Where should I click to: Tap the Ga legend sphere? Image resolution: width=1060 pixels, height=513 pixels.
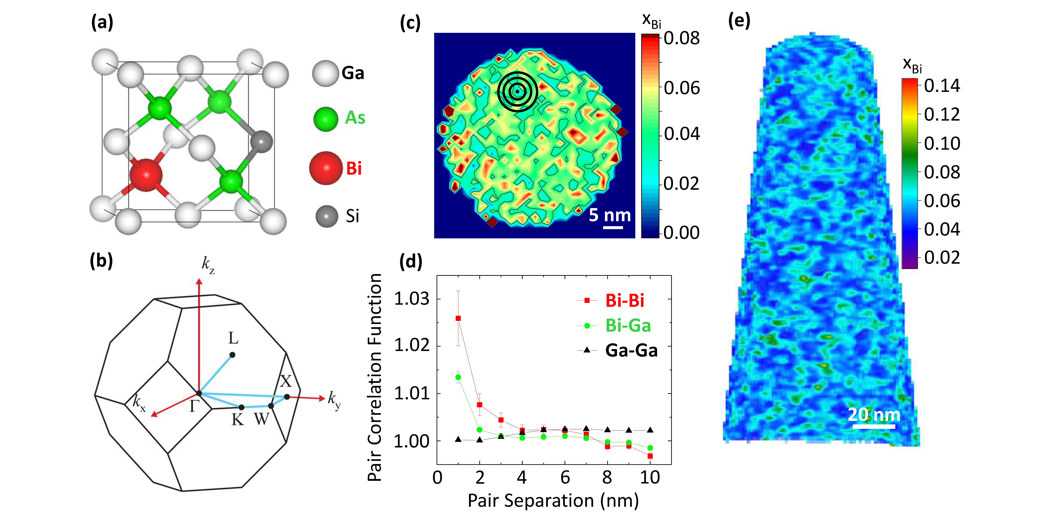(x=325, y=73)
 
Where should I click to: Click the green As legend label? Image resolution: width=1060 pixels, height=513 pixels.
(x=355, y=118)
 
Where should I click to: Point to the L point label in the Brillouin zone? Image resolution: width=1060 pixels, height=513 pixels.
(x=233, y=338)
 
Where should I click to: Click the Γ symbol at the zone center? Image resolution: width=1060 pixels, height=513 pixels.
(x=194, y=406)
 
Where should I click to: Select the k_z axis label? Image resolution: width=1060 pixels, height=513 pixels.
(x=208, y=265)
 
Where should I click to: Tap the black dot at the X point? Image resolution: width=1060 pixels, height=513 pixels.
(x=287, y=397)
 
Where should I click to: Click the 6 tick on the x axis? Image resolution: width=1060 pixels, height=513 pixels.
(x=565, y=477)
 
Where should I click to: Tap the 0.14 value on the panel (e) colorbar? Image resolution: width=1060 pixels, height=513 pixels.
(x=942, y=86)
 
